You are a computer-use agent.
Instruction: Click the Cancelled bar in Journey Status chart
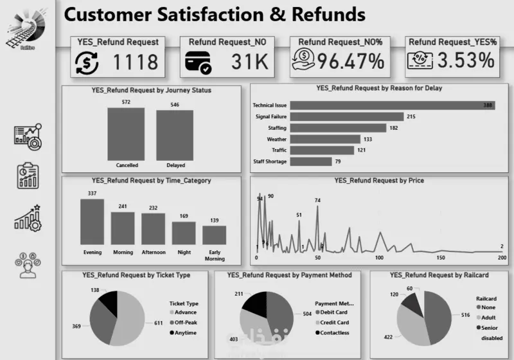(126, 133)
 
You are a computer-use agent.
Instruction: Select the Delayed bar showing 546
(175, 134)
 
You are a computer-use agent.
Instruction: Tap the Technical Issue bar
(391, 105)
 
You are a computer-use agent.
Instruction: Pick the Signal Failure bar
(346, 116)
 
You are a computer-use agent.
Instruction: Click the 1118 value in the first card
(135, 62)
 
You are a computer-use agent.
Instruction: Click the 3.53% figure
(466, 61)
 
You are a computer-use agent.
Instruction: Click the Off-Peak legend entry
(185, 323)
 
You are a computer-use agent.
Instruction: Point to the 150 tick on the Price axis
(440, 258)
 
